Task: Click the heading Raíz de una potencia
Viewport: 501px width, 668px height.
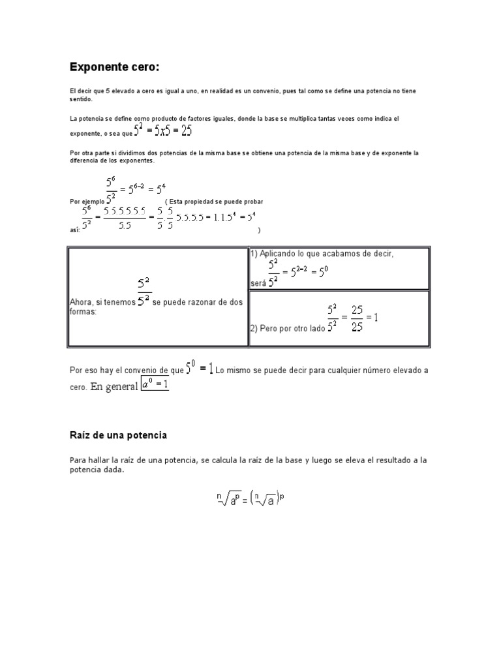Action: (119, 434)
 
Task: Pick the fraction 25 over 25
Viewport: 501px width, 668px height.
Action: (357, 318)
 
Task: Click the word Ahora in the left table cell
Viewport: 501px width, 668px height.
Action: (82, 303)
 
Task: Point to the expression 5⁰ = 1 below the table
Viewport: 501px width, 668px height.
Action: (200, 369)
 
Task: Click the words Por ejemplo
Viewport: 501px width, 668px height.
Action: (86, 201)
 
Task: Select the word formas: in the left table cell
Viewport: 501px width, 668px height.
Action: (83, 312)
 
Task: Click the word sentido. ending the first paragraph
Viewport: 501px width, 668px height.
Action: (81, 100)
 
